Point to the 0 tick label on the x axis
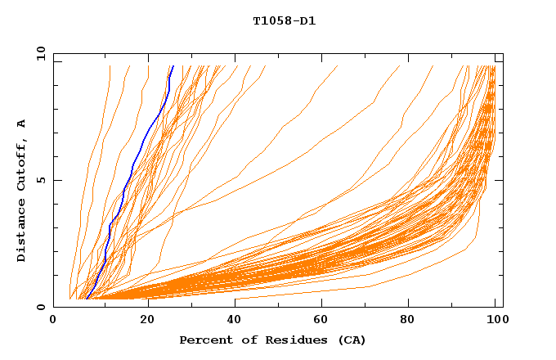(54, 319)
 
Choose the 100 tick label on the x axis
(496, 319)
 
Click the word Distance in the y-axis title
(21, 230)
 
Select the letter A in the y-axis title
(21, 124)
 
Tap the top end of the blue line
(173, 66)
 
